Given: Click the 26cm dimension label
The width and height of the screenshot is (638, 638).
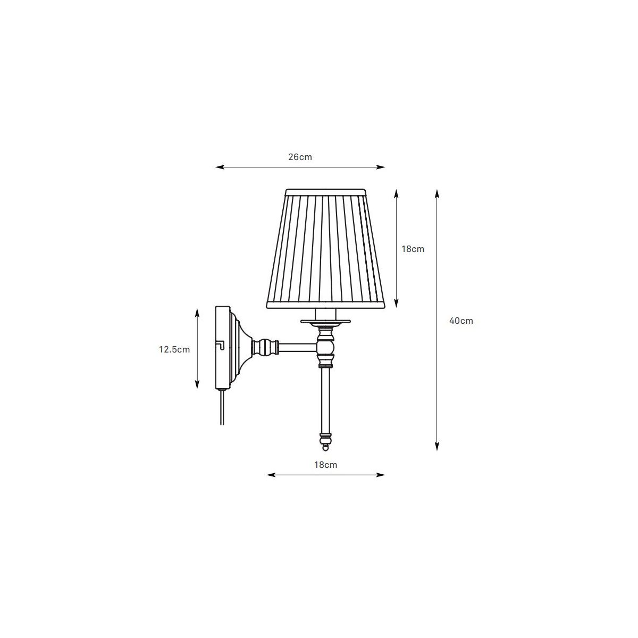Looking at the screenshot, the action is [300, 157].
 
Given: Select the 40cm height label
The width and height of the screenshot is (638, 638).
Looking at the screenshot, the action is [461, 321].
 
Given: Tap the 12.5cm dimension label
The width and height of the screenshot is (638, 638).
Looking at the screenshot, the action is [174, 349].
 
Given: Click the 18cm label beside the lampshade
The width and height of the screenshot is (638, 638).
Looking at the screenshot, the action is [413, 249].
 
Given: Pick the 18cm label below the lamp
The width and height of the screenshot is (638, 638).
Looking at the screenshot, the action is [325, 465].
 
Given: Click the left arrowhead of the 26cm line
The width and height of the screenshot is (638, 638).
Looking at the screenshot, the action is [219, 167].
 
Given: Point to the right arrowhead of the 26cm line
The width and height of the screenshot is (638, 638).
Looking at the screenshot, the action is [381, 167].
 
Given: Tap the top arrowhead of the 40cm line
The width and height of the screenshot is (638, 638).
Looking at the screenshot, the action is [437, 194].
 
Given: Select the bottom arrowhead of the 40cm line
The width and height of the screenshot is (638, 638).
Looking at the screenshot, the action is [437, 447].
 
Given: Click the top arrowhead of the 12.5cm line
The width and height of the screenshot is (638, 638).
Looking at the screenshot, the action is [197, 312].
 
